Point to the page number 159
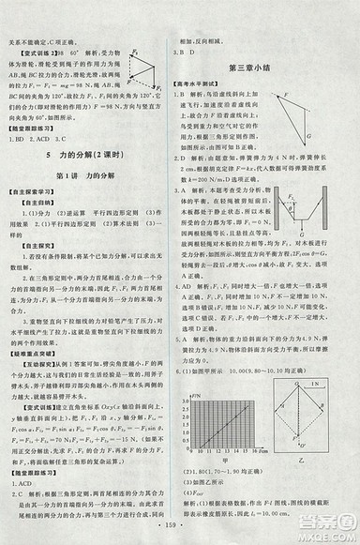click(x=179, y=535)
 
